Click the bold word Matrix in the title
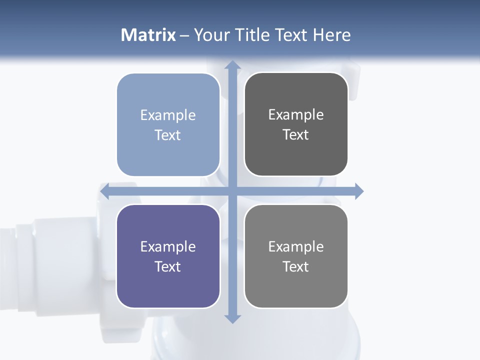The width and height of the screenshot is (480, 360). pyautogui.click(x=148, y=35)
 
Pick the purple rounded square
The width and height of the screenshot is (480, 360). pyautogui.click(x=168, y=290)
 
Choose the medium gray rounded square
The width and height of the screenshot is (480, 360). pyautogui.click(x=296, y=290)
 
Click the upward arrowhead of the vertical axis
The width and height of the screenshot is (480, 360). pyautogui.click(x=232, y=65)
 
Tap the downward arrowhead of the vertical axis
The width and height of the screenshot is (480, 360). pyautogui.click(x=232, y=318)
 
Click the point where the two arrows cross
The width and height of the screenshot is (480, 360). pyautogui.click(x=232, y=191)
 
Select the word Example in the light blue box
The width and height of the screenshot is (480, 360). pyautogui.click(x=168, y=115)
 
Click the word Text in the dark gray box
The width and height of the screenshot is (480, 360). pyautogui.click(x=296, y=135)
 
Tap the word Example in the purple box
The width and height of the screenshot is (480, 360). pyautogui.click(x=168, y=247)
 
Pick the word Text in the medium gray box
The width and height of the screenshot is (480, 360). pyautogui.click(x=296, y=267)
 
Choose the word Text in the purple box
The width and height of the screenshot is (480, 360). pyautogui.click(x=168, y=267)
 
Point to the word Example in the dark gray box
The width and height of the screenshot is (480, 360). pyautogui.click(x=296, y=115)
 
